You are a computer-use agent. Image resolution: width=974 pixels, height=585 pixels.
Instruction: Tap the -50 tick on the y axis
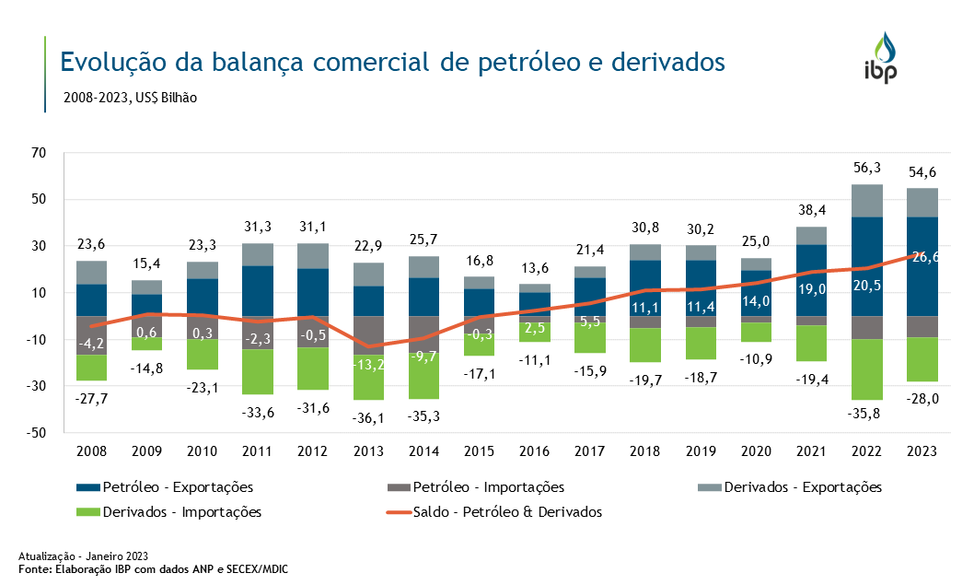pos(34,433)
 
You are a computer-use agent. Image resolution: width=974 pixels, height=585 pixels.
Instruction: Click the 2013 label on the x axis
pos(369,451)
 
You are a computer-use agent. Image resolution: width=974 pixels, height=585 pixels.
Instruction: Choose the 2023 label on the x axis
pos(922,451)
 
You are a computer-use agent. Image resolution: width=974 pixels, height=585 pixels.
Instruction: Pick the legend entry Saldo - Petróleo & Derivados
pos(502,511)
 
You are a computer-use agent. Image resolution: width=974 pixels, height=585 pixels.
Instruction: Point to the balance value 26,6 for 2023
pos(924,258)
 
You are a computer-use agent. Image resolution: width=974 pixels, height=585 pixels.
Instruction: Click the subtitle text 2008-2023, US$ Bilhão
pos(130,97)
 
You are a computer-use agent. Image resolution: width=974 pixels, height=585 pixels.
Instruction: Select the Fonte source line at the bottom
pos(153,568)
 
